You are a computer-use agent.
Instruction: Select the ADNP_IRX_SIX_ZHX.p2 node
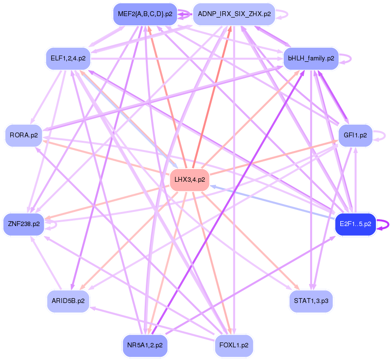point(234,14)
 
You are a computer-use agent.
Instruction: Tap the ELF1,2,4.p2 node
point(68,58)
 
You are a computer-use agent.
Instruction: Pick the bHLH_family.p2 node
point(311,58)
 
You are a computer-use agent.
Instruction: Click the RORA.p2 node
point(23,135)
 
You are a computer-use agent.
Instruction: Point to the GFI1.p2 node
point(355,135)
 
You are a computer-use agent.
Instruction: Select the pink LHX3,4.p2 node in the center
point(189,180)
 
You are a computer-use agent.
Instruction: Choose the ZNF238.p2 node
point(23,224)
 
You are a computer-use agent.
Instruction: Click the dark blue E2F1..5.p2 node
point(355,224)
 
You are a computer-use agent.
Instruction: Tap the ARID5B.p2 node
point(68,301)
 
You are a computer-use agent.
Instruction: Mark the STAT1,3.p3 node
point(311,301)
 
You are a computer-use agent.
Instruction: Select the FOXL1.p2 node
point(234,345)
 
